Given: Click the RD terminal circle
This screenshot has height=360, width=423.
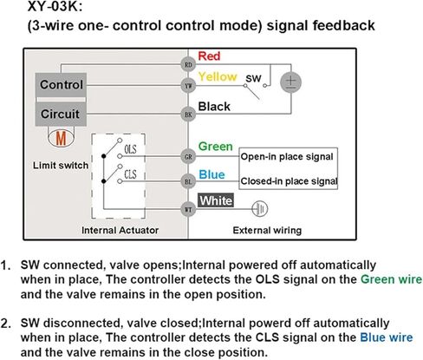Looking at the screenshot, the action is [x=188, y=64].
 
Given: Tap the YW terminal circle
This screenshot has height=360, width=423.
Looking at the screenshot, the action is [x=188, y=86].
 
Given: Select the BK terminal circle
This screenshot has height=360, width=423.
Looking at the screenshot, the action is [x=188, y=115].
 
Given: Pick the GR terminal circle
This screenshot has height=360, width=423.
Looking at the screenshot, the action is [x=188, y=157].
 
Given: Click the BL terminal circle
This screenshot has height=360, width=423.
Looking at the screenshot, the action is [x=188, y=181].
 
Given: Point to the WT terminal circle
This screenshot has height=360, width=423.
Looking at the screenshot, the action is [x=188, y=209].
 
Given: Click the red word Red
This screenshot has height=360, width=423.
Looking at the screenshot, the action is [x=209, y=56].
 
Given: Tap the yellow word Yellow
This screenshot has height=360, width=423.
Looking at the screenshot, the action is [x=218, y=77].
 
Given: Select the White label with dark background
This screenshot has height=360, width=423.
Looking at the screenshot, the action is [x=216, y=200].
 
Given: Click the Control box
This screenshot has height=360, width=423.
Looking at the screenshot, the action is [x=61, y=85].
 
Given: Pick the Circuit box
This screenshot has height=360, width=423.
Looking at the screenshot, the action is [x=61, y=114].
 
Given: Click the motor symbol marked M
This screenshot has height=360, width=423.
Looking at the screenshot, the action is [x=61, y=139].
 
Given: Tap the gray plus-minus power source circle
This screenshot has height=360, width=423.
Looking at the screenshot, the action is [x=291, y=82].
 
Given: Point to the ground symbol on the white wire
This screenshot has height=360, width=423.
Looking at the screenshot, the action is [x=260, y=209].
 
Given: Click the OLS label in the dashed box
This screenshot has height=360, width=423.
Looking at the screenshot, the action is [x=130, y=149].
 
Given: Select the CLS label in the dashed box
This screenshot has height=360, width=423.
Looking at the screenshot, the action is [x=130, y=174].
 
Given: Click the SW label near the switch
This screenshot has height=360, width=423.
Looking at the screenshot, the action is [x=253, y=78].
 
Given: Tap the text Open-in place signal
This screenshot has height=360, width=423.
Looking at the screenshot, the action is [x=287, y=157].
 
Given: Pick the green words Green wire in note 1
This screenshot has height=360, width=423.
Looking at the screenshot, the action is [x=391, y=279].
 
